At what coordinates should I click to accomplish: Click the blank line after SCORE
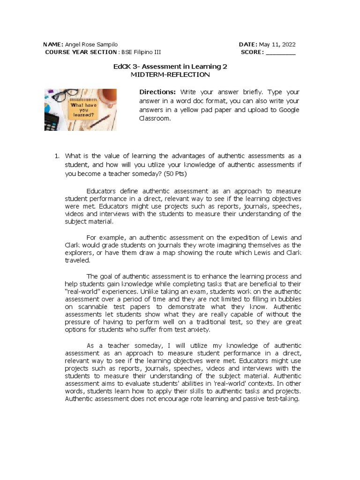(x=280, y=52)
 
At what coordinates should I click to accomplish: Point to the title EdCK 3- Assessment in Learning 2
(x=170, y=67)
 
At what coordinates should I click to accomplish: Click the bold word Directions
(x=157, y=91)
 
